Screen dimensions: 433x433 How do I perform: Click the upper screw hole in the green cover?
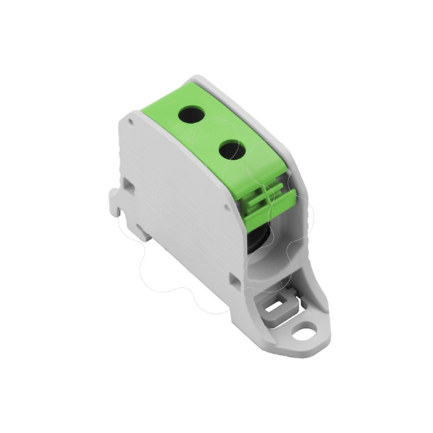pyautogui.click(x=190, y=117)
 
